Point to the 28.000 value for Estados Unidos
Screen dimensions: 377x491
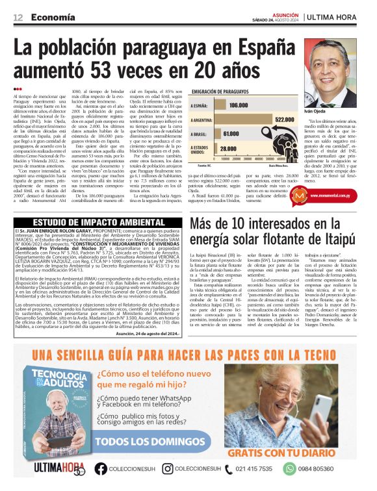click(227, 148)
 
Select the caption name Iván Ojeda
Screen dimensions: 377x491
click(315, 112)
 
